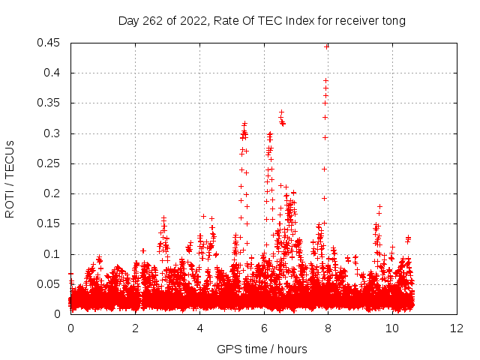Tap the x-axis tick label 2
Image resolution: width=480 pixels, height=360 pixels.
[x=136, y=328]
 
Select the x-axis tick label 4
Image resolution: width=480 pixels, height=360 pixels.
[x=200, y=328]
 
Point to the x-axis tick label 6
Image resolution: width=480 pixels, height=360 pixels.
[x=265, y=328]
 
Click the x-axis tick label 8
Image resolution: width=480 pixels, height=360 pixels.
[x=328, y=328]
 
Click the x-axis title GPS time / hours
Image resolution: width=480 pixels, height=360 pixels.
[x=262, y=349]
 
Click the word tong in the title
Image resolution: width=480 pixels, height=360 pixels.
[x=392, y=21]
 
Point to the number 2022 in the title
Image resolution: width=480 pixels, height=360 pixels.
[x=192, y=21]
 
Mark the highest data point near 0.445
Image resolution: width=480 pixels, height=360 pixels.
[x=327, y=46]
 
